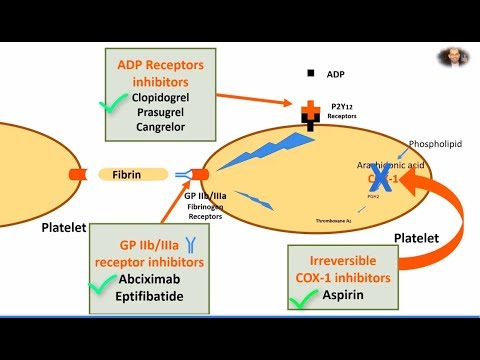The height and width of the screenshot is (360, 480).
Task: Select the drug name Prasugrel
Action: pyautogui.click(x=165, y=115)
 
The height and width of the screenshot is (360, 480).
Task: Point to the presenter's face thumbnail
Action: pyautogui.click(x=454, y=57)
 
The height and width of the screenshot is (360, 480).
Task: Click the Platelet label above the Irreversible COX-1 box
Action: pyautogui.click(x=413, y=237)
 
